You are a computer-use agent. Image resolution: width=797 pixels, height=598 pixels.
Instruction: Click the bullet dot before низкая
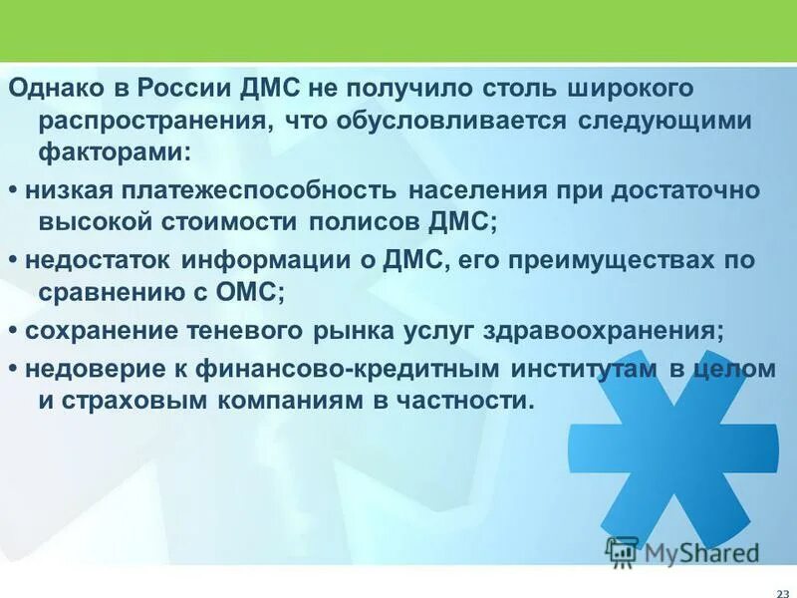click(x=13, y=190)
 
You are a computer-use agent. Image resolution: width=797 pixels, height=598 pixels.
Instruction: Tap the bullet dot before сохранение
click(x=13, y=330)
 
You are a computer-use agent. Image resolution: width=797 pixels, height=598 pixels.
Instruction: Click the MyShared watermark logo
click(x=682, y=551)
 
